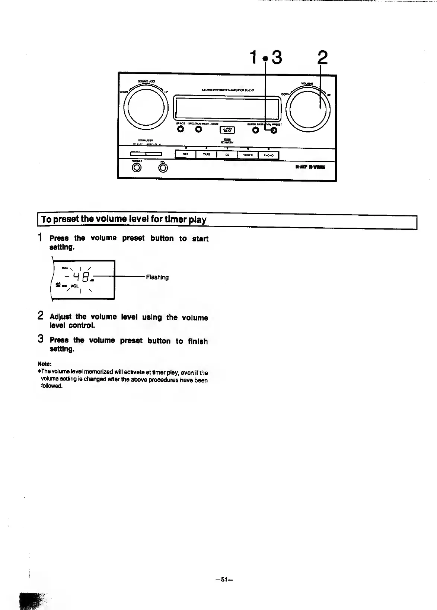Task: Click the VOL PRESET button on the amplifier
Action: (274, 130)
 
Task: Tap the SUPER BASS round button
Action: (255, 130)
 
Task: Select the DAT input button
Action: (185, 155)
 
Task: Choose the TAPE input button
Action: (206, 155)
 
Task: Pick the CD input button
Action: (227, 155)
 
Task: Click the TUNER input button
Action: (248, 155)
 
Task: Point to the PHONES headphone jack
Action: (137, 168)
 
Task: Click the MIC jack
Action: (163, 168)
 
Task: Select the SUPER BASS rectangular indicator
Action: (227, 130)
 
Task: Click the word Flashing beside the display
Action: (157, 277)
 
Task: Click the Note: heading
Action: (44, 363)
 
